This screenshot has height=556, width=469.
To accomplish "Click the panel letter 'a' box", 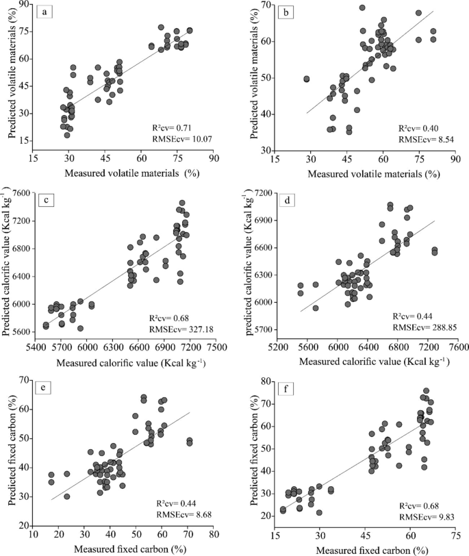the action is click(45, 12).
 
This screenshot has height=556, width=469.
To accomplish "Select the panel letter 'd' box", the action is click(287, 201).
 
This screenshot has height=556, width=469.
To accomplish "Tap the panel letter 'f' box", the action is click(286, 390).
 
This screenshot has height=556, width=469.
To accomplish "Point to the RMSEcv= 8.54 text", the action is click(427, 140).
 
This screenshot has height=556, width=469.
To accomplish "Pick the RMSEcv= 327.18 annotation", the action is click(181, 329).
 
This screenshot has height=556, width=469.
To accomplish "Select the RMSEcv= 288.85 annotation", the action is click(424, 327).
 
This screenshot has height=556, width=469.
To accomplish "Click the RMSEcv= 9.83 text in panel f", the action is click(427, 518).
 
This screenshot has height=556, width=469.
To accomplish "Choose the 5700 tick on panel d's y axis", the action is click(263, 330).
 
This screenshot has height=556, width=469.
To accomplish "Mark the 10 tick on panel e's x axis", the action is click(33, 534).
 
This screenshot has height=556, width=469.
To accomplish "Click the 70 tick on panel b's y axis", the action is click(265, 5).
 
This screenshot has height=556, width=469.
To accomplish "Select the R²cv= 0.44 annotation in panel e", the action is click(176, 503).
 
